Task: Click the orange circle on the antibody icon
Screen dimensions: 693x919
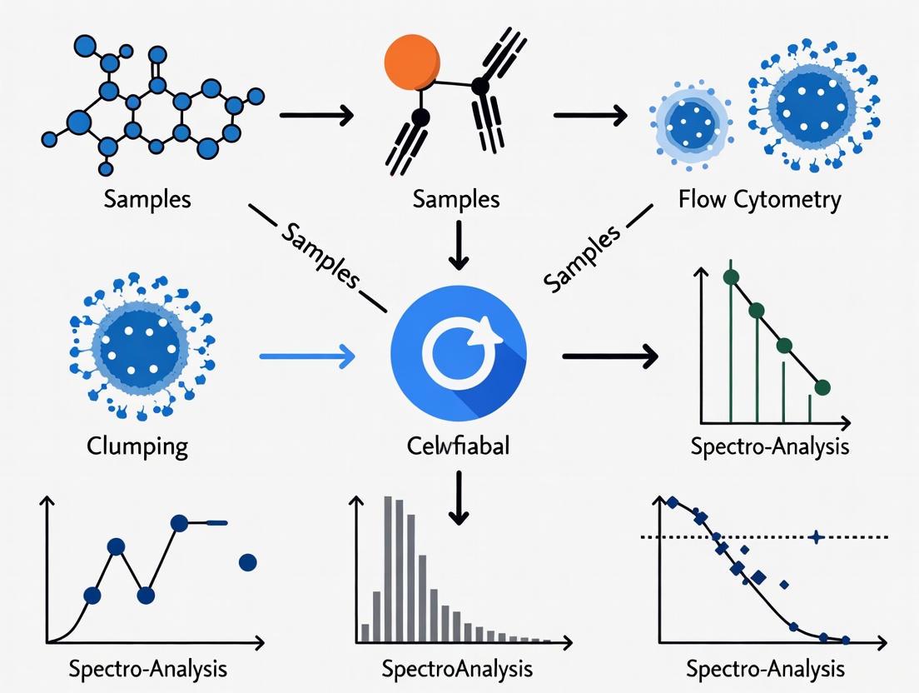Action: pos(411,64)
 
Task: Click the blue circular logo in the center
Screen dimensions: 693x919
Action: pos(458,349)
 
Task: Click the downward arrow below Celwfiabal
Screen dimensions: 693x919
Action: pos(458,496)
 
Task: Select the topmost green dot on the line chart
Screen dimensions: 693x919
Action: pos(731,277)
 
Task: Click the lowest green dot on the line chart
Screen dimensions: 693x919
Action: pos(822,386)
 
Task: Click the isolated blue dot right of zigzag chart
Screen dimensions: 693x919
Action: pos(247,563)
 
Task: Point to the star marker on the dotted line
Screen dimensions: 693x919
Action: pos(817,537)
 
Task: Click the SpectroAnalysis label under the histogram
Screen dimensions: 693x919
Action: pos(457,669)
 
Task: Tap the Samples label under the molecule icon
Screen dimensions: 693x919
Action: pos(147,199)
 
